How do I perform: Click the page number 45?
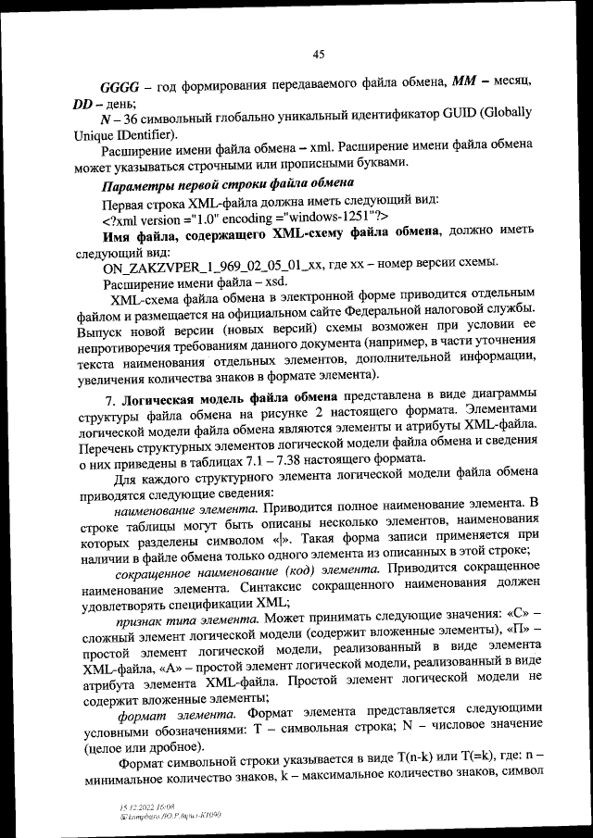318,55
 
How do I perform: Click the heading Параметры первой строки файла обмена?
214,183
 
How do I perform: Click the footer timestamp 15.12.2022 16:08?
134,807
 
